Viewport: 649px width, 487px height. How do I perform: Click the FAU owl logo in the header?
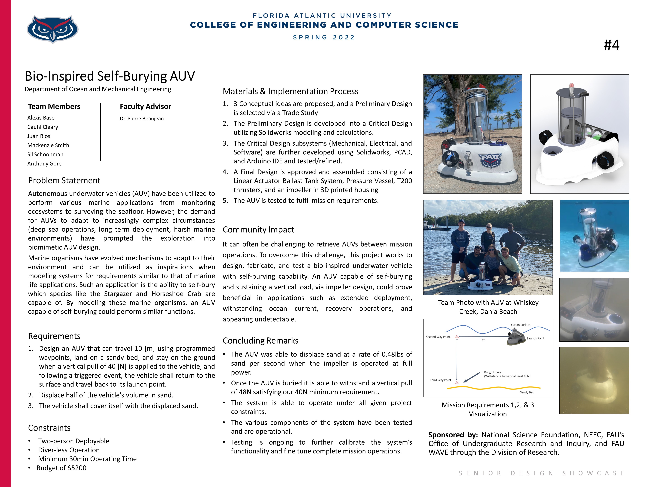point(53,29)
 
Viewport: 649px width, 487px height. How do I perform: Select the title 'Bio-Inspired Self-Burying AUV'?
point(110,76)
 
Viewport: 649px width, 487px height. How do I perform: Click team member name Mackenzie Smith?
point(48,145)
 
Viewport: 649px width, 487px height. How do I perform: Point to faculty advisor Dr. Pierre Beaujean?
point(142,119)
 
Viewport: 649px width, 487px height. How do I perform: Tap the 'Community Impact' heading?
point(258,230)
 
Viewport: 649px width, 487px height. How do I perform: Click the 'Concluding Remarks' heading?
point(260,340)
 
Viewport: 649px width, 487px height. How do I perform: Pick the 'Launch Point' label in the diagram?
point(535,338)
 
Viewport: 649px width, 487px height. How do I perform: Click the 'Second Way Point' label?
point(438,337)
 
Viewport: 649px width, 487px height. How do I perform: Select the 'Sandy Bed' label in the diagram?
point(527,392)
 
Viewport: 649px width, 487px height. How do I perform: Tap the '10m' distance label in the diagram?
point(482,340)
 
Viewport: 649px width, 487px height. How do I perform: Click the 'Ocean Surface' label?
point(521,325)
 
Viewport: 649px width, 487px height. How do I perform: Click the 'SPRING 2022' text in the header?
point(324,38)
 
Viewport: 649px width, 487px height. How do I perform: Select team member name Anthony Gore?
point(44,164)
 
